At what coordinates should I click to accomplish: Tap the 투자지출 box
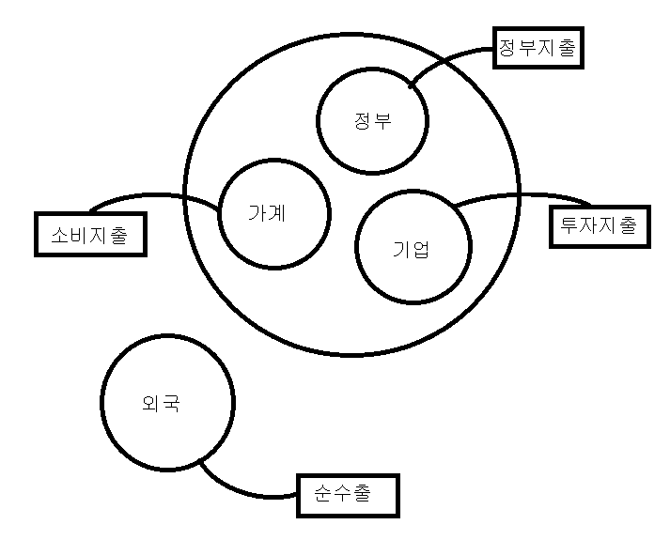tap(598, 226)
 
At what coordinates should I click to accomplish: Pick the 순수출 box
tap(348, 494)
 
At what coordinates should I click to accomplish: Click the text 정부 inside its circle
tap(373, 121)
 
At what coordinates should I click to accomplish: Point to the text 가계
tap(267, 212)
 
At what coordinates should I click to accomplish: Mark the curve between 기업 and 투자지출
tap(526, 195)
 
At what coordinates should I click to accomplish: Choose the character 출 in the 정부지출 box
tap(566, 47)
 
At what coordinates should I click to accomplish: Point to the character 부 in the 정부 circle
tap(382, 121)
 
